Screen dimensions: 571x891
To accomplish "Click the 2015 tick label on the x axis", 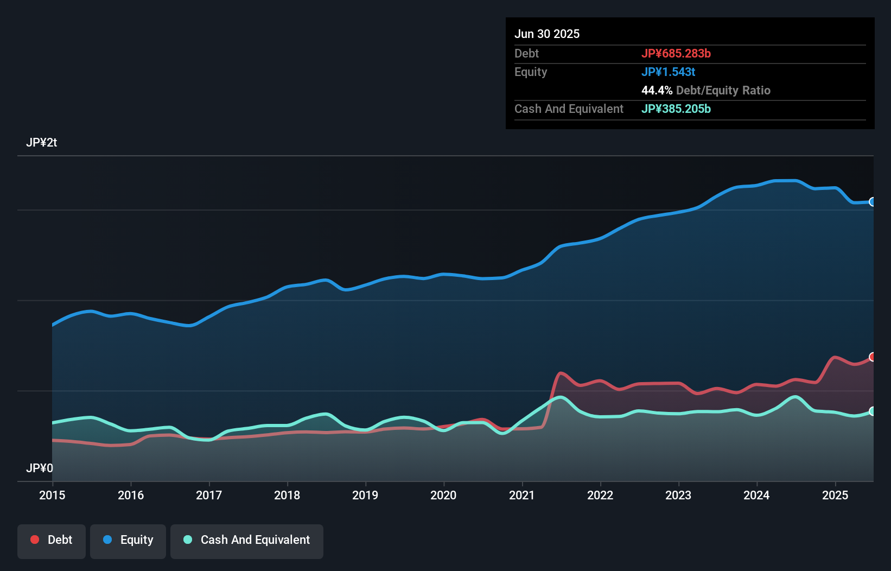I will click(x=52, y=495).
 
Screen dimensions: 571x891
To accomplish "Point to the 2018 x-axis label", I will click(x=287, y=495).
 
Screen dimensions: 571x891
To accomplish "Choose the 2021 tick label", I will click(x=522, y=495).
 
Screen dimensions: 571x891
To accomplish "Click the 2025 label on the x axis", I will click(x=835, y=495).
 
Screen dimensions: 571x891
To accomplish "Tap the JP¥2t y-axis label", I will click(x=41, y=143).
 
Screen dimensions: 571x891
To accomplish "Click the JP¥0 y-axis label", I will click(x=40, y=468).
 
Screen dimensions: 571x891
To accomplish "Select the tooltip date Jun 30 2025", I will click(x=547, y=34).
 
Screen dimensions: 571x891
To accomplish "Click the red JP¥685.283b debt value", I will click(x=676, y=53).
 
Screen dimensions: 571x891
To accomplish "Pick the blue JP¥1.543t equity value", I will click(x=668, y=72).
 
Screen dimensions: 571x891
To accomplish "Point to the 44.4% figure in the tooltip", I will click(x=657, y=90).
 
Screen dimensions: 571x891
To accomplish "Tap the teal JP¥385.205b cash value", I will click(x=676, y=109).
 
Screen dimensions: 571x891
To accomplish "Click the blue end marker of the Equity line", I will click(x=872, y=202).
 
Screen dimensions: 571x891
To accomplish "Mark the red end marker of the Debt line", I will click(x=872, y=357).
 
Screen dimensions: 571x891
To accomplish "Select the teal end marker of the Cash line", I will click(x=872, y=411).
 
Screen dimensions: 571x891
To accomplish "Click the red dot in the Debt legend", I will click(x=35, y=540).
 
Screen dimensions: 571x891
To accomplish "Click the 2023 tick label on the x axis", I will click(x=678, y=495).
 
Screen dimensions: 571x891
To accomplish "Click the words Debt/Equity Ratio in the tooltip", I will click(x=723, y=90).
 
